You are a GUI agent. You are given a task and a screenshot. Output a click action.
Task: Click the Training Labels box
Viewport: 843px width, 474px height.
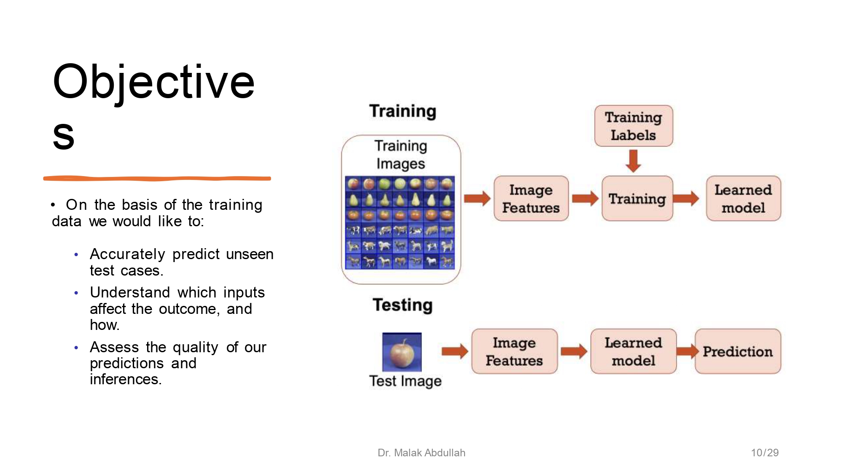633,126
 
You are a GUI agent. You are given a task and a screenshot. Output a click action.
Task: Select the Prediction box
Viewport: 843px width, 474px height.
738,351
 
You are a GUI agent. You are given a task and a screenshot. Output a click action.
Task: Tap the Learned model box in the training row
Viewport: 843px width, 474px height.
743,198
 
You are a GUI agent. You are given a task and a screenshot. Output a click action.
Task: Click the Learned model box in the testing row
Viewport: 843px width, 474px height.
633,351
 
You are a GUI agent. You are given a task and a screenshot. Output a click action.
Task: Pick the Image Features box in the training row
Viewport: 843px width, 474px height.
531,198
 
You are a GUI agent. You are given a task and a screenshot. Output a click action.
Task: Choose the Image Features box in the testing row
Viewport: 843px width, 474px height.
514,351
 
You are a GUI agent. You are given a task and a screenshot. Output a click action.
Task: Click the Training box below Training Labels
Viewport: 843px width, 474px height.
637,198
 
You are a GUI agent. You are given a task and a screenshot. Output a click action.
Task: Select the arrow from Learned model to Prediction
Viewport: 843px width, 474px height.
687,351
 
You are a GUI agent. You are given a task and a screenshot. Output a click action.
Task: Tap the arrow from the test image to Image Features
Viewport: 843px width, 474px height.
455,351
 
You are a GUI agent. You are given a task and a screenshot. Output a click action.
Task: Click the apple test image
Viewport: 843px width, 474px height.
402,352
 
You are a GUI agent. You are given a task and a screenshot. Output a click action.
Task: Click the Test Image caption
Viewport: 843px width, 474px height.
405,381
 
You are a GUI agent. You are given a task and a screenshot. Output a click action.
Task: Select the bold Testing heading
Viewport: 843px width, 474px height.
403,305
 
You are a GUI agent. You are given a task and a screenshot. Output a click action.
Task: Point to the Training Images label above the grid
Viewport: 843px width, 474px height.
401,155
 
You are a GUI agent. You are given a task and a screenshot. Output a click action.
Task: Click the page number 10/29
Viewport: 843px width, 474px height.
764,453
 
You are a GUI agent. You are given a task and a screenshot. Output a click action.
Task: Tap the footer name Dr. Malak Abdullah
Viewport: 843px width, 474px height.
421,453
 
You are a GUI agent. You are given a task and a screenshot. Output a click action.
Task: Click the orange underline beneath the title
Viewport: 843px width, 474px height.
157,179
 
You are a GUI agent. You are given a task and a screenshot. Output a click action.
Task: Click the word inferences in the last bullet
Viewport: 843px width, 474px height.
125,379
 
